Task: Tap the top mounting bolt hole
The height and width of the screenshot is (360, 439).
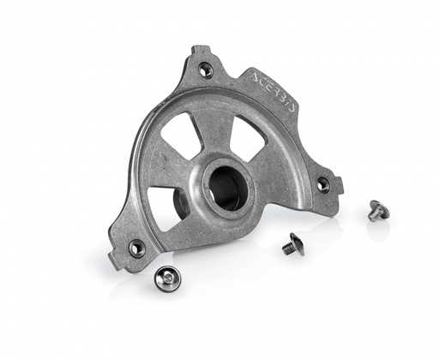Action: point(206,70)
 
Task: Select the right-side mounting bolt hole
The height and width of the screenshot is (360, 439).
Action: point(322,183)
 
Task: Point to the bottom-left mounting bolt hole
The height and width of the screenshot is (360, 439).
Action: point(135,248)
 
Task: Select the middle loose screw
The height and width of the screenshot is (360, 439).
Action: point(292,245)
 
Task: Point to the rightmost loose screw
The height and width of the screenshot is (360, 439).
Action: point(377,209)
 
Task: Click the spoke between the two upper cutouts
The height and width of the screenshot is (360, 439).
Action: point(219,133)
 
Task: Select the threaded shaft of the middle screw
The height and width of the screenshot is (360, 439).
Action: point(287,249)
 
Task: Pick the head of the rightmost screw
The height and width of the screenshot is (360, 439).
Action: point(379,207)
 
